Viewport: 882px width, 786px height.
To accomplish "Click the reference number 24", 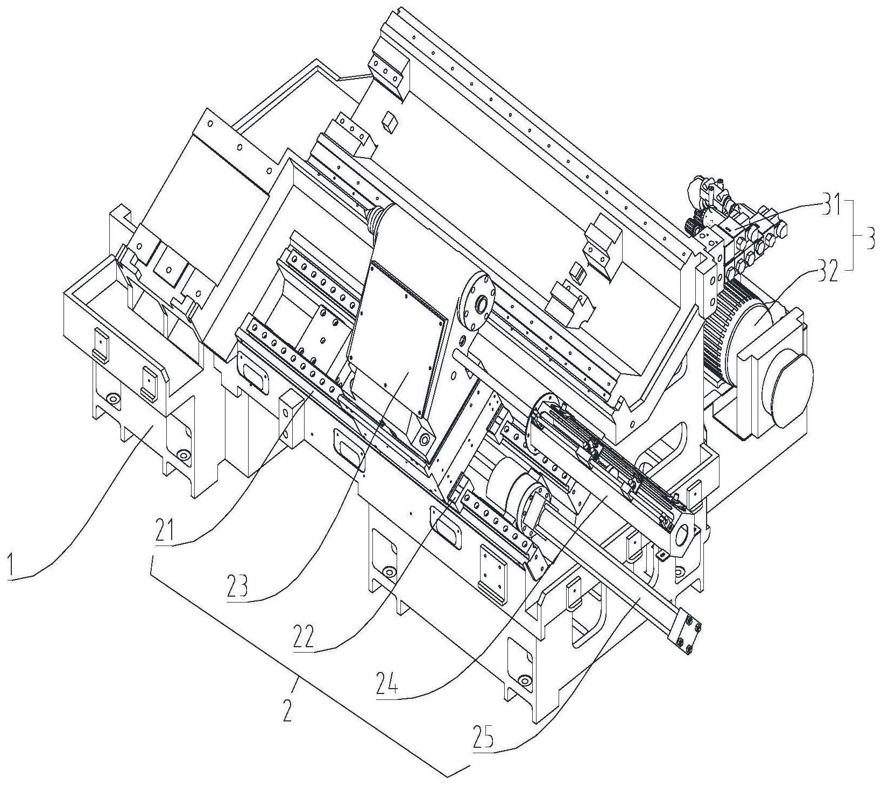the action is [x=387, y=682].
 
